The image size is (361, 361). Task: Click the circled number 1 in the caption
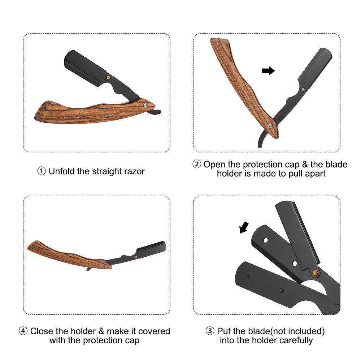[42, 171]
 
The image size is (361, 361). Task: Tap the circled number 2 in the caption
[197, 164]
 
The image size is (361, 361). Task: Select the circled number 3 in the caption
[210, 331]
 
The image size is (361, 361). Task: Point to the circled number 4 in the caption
[23, 331]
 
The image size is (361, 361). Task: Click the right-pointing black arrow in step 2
[269, 71]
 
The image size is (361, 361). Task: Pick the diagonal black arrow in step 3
[244, 227]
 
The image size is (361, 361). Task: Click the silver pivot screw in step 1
[145, 105]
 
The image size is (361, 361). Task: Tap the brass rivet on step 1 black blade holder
[108, 77]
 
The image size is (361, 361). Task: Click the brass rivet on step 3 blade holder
[315, 273]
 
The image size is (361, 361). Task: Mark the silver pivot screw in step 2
[270, 126]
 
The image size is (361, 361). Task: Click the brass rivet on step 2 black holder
[303, 90]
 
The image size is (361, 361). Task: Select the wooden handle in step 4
[69, 255]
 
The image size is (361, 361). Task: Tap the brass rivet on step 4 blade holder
[136, 257]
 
